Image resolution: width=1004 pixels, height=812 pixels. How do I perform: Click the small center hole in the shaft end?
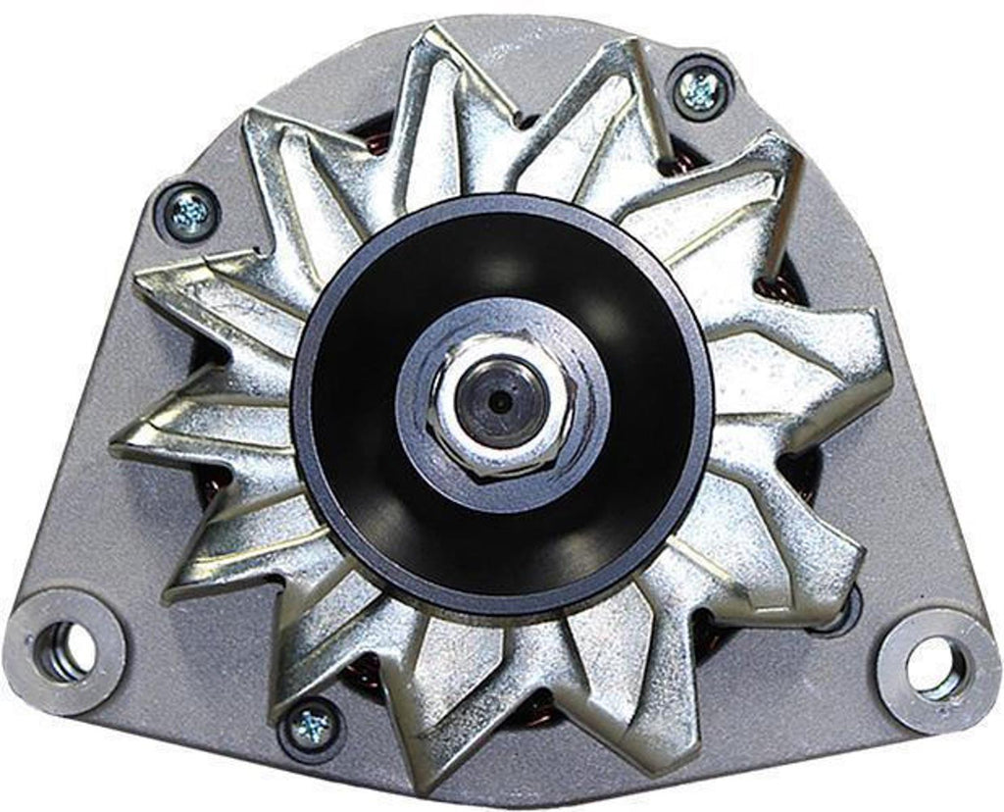click(x=501, y=401)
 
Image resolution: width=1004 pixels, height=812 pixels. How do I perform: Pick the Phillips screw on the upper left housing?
click(x=187, y=211)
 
